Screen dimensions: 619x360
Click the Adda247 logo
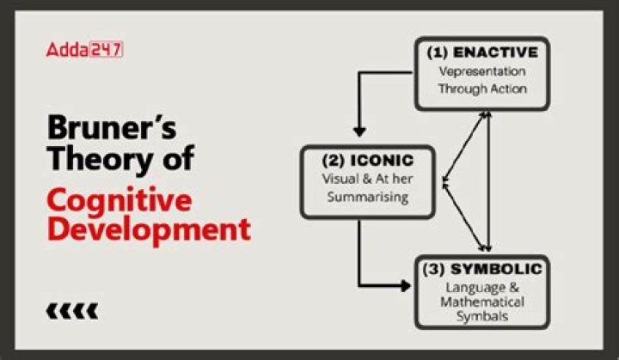pos(84,50)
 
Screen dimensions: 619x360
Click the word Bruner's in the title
pos(112,127)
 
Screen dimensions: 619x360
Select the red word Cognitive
pos(120,199)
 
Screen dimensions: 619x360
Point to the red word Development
pos(149,229)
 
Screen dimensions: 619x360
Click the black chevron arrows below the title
pos(72,311)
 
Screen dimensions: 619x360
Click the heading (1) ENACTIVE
pos(482,52)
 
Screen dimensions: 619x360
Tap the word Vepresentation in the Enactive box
pos(482,71)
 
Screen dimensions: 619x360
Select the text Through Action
pos(482,88)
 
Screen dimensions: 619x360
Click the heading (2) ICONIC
pos(368,161)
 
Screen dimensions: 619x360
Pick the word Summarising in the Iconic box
pos(368,197)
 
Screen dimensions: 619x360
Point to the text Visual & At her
pos(368,179)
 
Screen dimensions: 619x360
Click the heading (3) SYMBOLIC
pos(482,269)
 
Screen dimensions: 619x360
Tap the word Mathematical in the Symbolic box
pos(482,302)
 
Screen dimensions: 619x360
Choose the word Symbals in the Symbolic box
pos(482,316)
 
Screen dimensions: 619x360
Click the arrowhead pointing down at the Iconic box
pos(359,131)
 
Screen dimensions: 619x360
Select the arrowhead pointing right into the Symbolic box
pos(406,285)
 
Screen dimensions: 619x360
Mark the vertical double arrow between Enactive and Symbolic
pos(488,181)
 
